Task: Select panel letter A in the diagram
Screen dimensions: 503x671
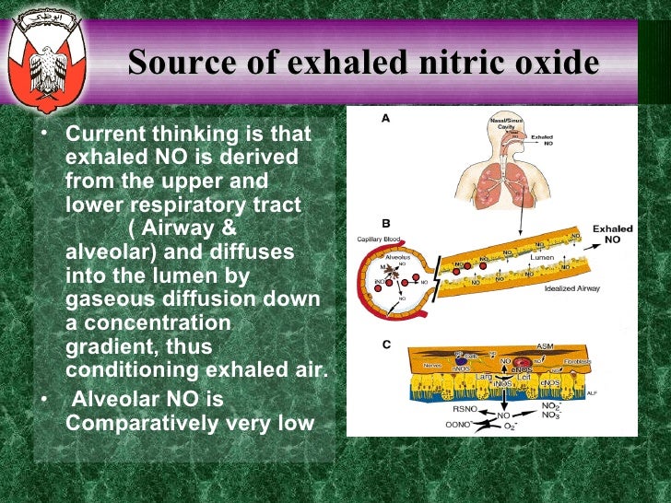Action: (385, 118)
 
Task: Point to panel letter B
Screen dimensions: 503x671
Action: (385, 224)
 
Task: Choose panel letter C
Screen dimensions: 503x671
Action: (385, 344)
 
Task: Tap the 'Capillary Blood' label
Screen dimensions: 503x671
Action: (377, 240)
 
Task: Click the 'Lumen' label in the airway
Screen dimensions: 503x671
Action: (541, 259)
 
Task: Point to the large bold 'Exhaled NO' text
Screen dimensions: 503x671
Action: (612, 233)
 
